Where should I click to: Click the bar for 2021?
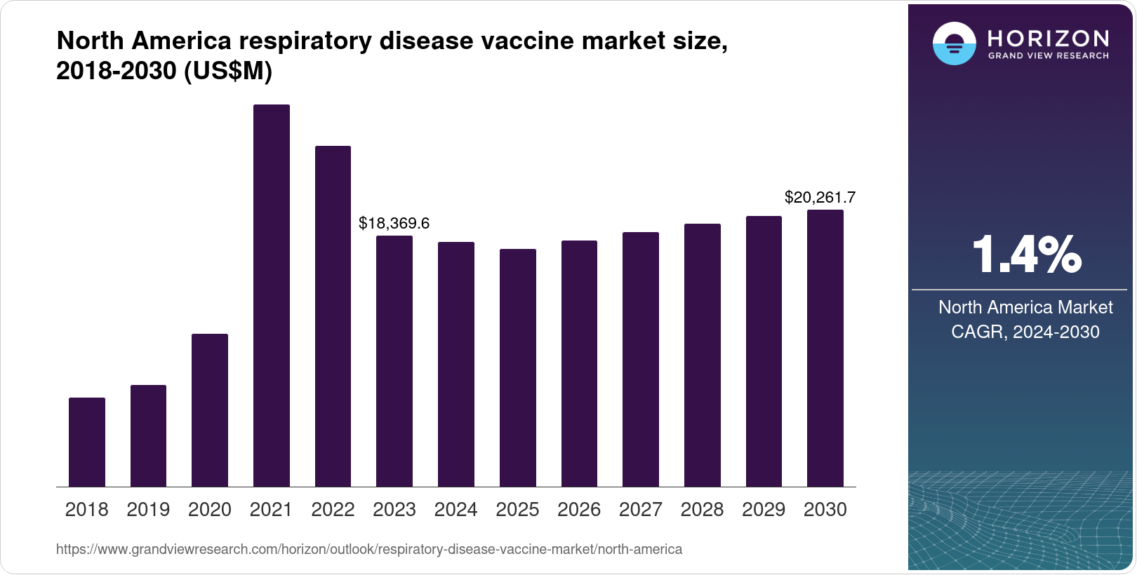pos(271,295)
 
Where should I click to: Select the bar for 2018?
pos(87,442)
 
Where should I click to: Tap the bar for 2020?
pos(210,410)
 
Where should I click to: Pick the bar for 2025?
pos(517,367)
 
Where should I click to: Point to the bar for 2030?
pos(825,348)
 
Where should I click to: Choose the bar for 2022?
pos(333,316)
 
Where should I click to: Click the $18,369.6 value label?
pos(394,223)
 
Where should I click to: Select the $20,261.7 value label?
pos(820,198)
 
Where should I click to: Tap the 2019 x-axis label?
pos(148,510)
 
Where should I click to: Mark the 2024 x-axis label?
pos(456,510)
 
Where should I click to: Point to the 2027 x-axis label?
pos(640,510)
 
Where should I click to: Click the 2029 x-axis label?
pos(764,510)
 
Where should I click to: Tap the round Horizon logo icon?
pos(954,44)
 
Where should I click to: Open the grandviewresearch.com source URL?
pos(369,549)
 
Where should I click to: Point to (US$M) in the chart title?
pos(227,71)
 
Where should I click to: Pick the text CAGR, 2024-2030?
pos(1025,332)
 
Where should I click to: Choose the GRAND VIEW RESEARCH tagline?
pos(1048,55)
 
